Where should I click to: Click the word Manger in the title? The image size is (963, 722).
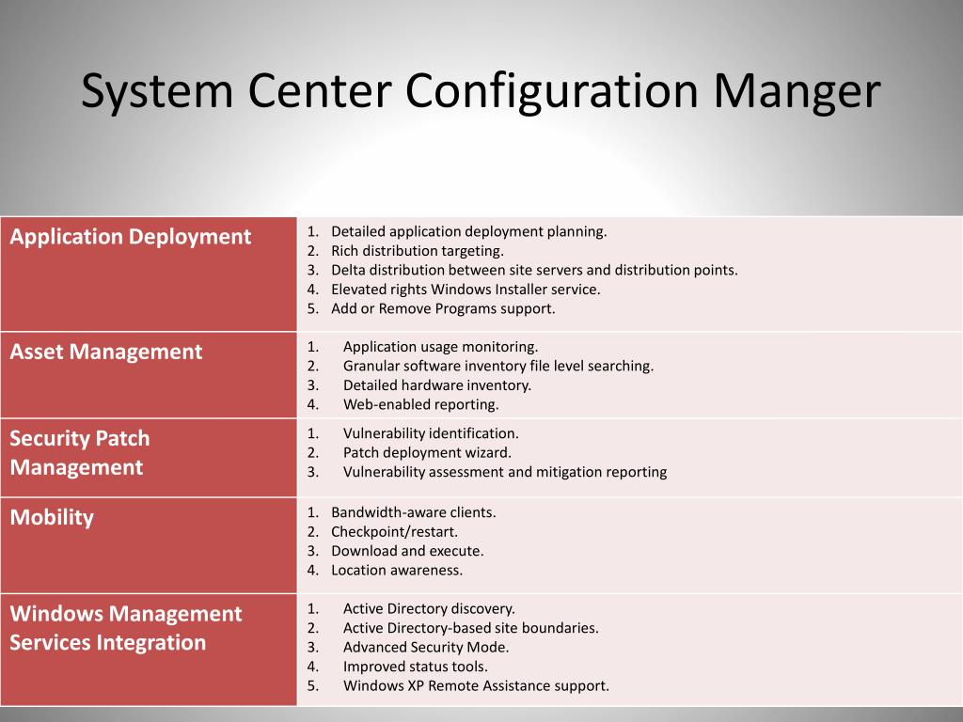[797, 91]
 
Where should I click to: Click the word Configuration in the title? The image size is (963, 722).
[551, 91]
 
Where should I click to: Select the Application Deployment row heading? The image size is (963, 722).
[130, 237]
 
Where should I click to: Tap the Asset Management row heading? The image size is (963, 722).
[105, 352]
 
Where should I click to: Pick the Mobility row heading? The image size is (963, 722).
[52, 518]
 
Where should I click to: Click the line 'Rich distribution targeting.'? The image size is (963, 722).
[417, 250]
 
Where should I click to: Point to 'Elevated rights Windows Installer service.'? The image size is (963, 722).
[466, 290]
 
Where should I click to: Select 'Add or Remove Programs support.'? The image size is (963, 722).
[443, 308]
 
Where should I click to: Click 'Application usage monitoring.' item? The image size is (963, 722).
[440, 347]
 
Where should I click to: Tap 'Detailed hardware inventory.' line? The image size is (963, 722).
[437, 385]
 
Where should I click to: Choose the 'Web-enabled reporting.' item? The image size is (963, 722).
[420, 404]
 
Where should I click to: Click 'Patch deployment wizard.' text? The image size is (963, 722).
[427, 452]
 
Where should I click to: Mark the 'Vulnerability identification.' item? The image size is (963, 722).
[431, 433]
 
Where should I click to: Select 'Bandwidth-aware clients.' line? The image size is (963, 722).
[414, 512]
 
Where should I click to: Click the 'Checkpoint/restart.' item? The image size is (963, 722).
[394, 532]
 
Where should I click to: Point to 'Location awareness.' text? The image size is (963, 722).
[397, 571]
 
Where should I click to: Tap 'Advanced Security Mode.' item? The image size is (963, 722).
[426, 647]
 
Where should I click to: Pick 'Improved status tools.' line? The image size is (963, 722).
[415, 667]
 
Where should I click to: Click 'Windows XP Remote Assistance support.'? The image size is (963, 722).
[476, 685]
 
